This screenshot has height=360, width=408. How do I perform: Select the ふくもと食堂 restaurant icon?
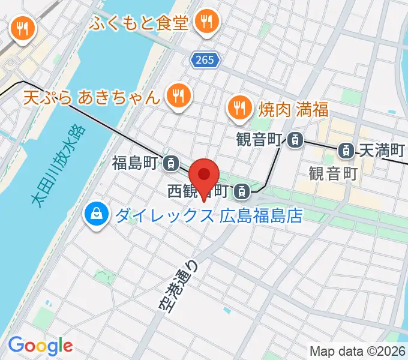coord(208,23)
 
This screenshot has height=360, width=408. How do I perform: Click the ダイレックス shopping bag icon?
coord(96,214)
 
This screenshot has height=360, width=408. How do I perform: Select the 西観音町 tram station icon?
coord(241,191)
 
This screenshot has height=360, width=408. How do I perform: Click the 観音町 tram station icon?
coord(295,140)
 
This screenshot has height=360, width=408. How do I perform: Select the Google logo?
coord(40,346)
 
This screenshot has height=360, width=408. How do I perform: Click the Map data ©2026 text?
coord(358,351)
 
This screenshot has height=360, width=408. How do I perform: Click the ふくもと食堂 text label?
coord(140,24)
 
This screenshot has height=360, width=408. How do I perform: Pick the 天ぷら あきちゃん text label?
coord(92,97)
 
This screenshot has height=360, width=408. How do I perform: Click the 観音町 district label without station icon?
coord(333,173)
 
